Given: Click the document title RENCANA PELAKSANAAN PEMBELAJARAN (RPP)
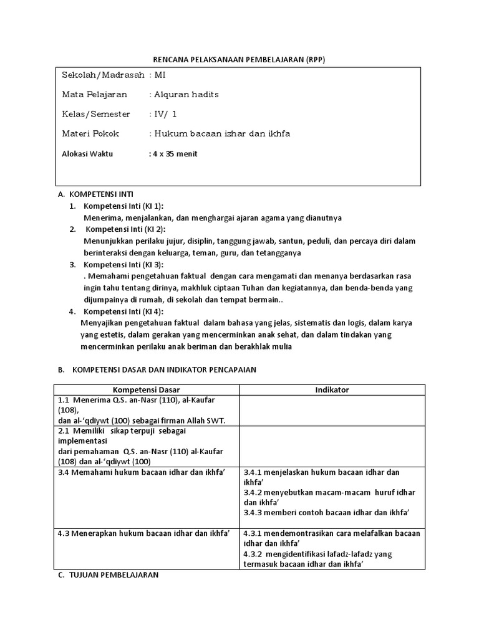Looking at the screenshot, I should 239,59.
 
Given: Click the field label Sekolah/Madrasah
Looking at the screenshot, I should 103,75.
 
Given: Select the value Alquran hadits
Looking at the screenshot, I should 186,95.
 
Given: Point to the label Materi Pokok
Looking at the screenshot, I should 90,133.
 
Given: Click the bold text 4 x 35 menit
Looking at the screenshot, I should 175,154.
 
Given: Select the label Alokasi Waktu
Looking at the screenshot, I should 87,154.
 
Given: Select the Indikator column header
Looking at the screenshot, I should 332,389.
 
